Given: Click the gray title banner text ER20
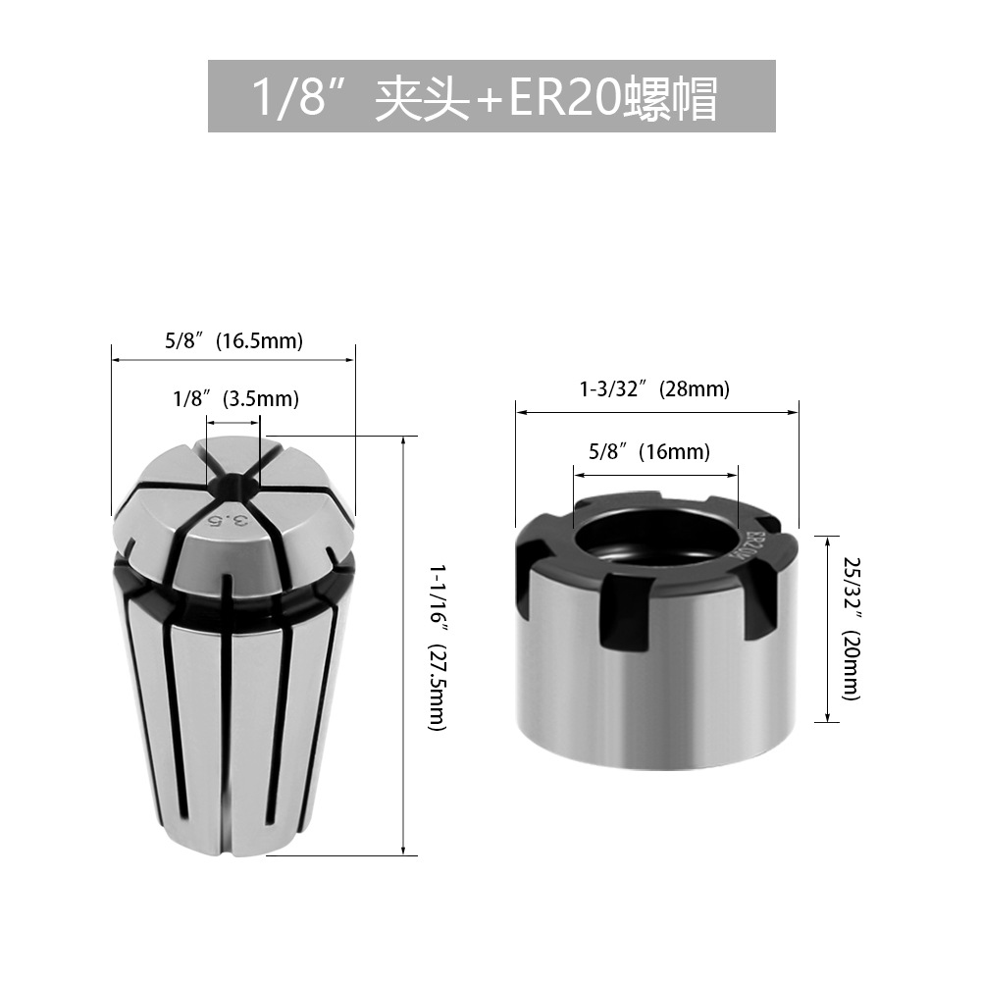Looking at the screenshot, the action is pyautogui.click(x=566, y=97).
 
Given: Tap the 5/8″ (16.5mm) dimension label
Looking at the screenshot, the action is pyautogui.click(x=234, y=341).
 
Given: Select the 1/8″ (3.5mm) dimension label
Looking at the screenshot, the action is pyautogui.click(x=235, y=398).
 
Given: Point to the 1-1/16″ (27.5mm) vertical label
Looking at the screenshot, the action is pyautogui.click(x=437, y=646).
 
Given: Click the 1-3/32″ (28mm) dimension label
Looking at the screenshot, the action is pyautogui.click(x=655, y=389).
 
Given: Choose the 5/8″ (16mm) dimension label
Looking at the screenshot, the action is pyautogui.click(x=649, y=451).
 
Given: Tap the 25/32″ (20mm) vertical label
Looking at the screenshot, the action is pyautogui.click(x=852, y=629).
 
